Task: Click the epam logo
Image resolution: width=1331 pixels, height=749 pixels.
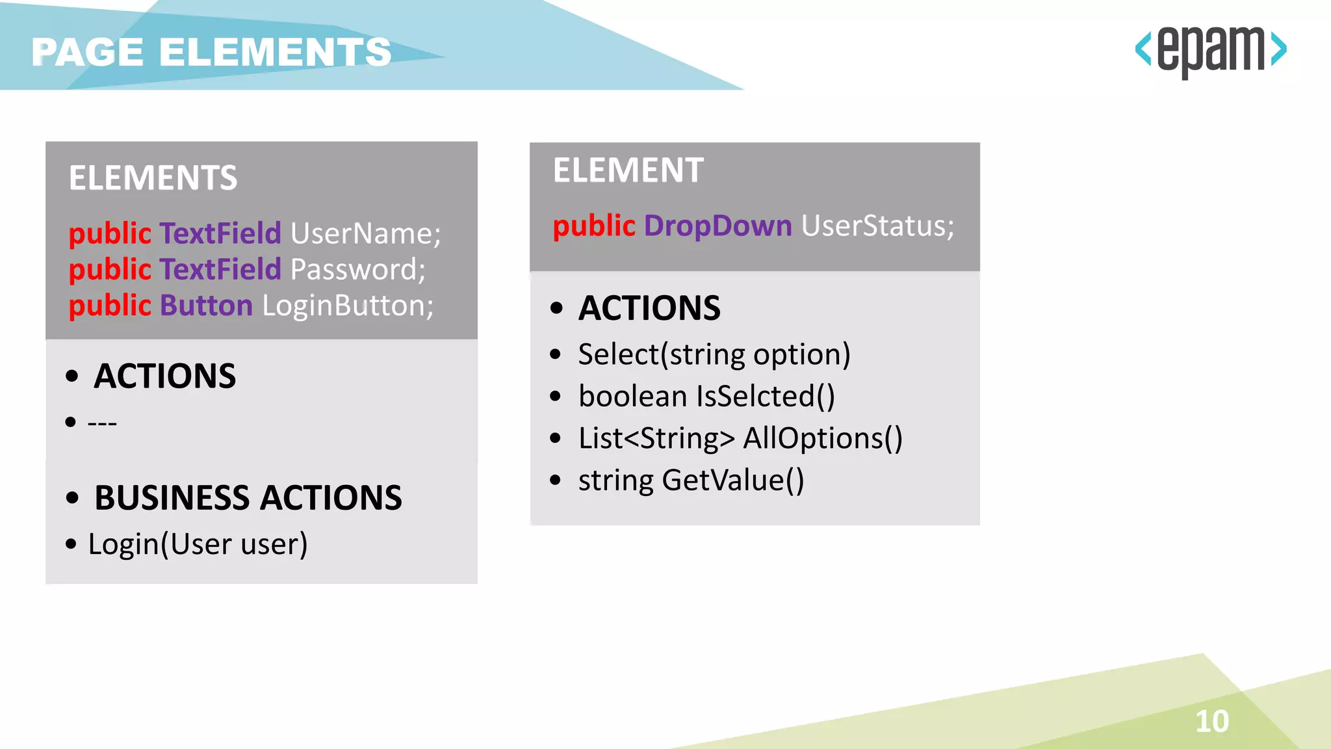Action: [1211, 50]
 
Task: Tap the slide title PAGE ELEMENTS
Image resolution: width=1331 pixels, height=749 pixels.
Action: [211, 52]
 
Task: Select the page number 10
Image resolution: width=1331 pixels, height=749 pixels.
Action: [1212, 721]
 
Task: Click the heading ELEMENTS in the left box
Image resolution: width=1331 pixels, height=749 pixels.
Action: [153, 178]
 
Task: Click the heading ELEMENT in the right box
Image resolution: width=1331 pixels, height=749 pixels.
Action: [628, 170]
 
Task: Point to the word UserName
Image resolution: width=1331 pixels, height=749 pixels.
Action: [365, 233]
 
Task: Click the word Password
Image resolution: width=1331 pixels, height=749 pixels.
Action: [357, 269]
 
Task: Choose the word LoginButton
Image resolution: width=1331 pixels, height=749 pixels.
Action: [347, 306]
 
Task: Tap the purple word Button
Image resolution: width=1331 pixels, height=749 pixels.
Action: [206, 306]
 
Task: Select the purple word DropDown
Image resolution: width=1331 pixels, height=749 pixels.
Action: [717, 226]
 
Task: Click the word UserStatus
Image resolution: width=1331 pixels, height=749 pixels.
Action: [877, 226]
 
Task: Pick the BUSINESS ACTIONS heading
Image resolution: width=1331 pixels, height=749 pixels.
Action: [248, 498]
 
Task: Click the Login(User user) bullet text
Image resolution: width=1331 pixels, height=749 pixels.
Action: [198, 544]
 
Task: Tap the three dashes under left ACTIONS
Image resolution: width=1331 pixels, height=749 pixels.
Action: [102, 423]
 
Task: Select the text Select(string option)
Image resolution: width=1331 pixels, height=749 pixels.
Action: [714, 354]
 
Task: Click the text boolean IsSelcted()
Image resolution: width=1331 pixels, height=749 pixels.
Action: [706, 397]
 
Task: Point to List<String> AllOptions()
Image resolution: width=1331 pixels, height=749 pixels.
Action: [740, 438]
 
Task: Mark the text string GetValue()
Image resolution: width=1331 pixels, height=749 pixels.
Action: [691, 480]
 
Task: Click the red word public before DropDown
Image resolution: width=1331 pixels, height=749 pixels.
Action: [593, 226]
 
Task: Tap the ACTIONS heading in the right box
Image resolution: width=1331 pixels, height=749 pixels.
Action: [649, 308]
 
